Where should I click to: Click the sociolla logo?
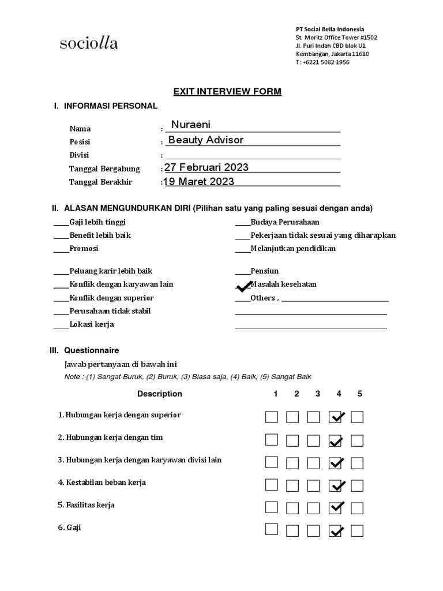coord(88,43)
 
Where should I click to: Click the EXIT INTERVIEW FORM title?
coord(227,92)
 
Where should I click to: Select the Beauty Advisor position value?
coord(205,140)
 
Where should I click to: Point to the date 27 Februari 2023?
coord(207,167)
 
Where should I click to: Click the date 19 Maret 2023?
coord(199,181)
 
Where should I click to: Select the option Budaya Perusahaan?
coord(284,222)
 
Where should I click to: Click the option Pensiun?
coord(264,270)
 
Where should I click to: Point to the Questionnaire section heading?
coord(91,350)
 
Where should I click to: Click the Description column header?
coord(159,394)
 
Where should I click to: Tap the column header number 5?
coord(359,394)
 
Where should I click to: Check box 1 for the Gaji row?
coord(271,529)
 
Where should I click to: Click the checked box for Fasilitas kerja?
coord(336,507)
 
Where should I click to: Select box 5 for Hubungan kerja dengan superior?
coord(357,417)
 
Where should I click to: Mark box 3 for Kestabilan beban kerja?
coord(314,484)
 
